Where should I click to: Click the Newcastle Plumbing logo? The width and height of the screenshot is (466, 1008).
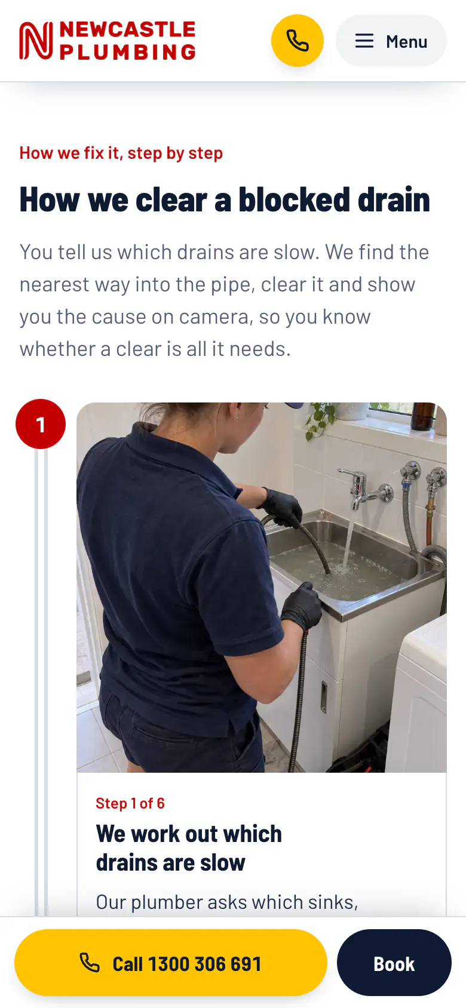point(107,41)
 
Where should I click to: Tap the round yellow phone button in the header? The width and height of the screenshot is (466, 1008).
point(297,41)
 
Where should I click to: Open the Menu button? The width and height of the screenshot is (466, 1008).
point(391,41)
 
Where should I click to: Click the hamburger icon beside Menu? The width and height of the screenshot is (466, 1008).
point(364,41)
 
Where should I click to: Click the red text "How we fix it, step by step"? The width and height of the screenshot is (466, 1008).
point(121,153)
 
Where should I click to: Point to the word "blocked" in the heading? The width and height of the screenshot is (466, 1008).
point(294,200)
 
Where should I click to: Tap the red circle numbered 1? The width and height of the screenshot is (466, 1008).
point(41,424)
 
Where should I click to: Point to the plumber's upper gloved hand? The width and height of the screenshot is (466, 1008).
point(283,507)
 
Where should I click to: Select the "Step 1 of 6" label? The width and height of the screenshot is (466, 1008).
point(130,803)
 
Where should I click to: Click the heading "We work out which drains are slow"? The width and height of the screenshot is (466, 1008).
point(189,848)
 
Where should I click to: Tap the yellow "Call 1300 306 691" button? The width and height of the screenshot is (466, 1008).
point(171,963)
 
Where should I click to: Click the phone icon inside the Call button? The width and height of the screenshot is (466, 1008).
point(89,963)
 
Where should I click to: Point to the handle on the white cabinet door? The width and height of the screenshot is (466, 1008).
point(323,697)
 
